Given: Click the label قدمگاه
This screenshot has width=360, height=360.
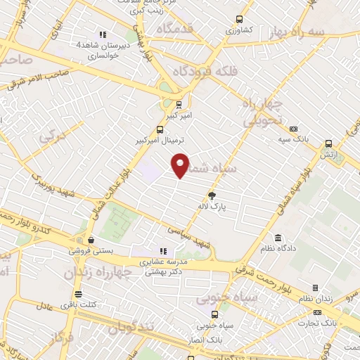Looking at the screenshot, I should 175,29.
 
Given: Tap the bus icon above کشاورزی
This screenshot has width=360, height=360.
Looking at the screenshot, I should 239,20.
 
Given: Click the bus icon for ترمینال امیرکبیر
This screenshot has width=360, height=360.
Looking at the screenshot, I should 161,129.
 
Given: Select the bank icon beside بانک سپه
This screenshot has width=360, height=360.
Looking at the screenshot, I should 293,129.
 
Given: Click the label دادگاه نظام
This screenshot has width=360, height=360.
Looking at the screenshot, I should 290,248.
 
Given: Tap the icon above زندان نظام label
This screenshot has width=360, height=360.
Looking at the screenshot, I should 314,288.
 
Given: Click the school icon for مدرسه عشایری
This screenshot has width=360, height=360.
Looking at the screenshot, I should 163,251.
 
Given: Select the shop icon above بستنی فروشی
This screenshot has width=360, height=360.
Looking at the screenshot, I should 91,240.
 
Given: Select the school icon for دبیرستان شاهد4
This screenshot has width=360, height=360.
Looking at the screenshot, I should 103,33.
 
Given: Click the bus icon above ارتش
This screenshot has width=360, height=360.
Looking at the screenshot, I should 328,143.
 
